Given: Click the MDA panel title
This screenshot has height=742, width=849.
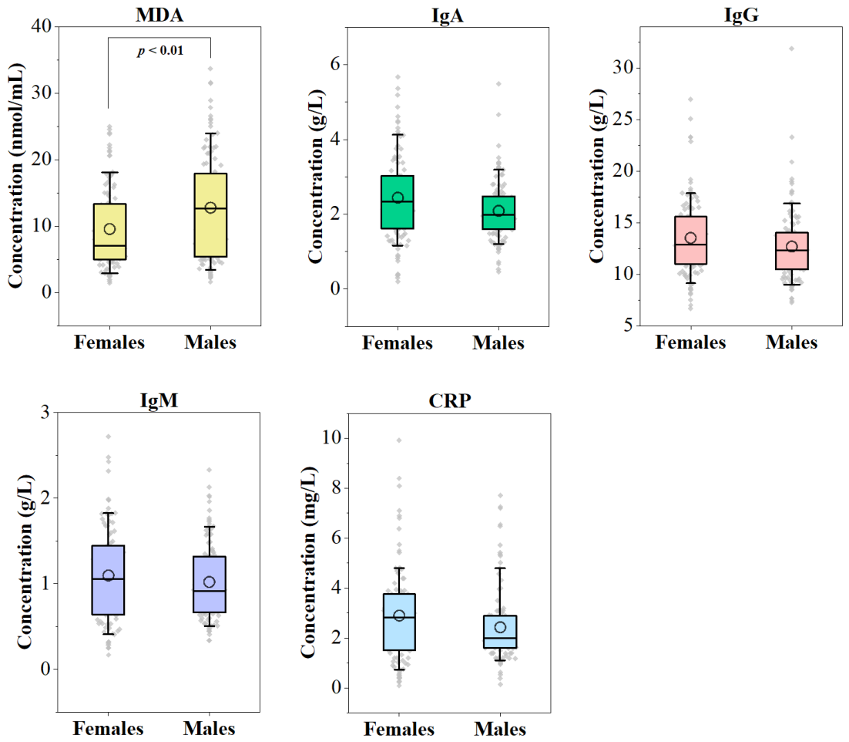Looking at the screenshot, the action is point(159,15).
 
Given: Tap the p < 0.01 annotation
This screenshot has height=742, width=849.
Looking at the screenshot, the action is point(160,51).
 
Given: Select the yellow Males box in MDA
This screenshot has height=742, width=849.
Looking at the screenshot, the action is point(210,215).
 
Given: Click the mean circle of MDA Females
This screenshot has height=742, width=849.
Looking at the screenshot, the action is point(109,229).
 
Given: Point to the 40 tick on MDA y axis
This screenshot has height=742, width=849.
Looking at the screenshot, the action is point(42,26).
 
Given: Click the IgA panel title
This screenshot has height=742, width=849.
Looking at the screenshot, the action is point(448,15).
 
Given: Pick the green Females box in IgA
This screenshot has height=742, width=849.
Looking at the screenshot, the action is point(398,202).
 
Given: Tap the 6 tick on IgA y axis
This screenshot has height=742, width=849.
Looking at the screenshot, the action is point(336,64).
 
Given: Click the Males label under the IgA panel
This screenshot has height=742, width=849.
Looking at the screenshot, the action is point(498,343).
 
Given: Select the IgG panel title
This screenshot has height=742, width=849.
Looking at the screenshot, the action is point(741,15).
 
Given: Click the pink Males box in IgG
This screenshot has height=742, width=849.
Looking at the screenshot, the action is point(792,251).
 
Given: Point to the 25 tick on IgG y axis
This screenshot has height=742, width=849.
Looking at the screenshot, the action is point(623,120).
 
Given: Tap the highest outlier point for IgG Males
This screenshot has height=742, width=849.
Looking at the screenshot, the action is point(792,49).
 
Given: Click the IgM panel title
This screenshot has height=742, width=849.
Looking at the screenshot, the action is point(159,400).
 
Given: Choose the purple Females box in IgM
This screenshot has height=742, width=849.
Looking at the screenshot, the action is point(109,580).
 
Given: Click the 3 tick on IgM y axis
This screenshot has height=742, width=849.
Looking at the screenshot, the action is point(45,412).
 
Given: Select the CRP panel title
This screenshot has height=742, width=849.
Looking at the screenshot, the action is point(450,401).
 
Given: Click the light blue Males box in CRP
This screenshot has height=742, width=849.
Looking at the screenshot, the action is point(500,632).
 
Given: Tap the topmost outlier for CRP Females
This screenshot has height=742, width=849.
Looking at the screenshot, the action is point(399,440).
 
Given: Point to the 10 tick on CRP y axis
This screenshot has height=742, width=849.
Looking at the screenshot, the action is point(333,437).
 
